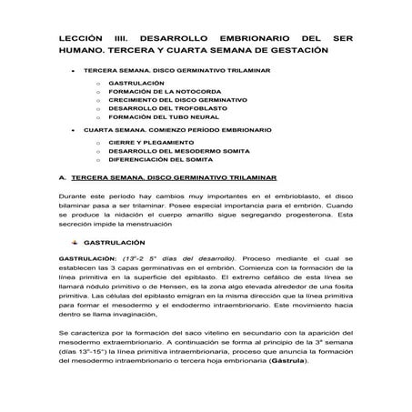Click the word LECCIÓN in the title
[80, 38]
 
